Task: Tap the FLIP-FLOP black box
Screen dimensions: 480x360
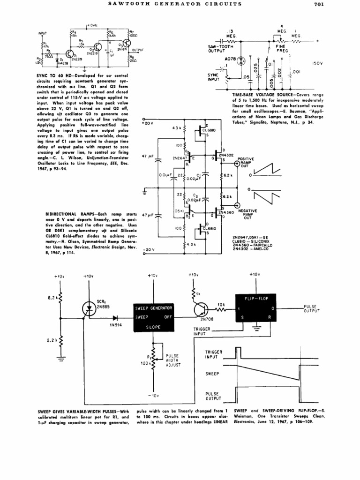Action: [255, 307]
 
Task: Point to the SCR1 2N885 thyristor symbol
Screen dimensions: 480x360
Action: [89, 307]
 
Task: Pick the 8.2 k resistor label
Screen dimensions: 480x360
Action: [52, 297]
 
